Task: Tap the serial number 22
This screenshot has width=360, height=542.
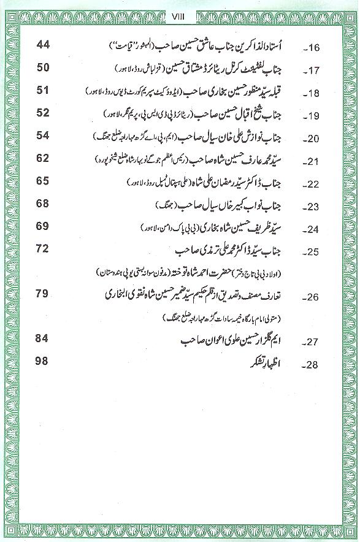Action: click(316, 185)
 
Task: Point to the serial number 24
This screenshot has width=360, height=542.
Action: click(316, 230)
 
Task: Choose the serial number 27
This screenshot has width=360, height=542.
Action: click(316, 342)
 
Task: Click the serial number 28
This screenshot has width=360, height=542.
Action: click(316, 365)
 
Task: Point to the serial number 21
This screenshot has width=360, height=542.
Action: click(316, 162)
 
